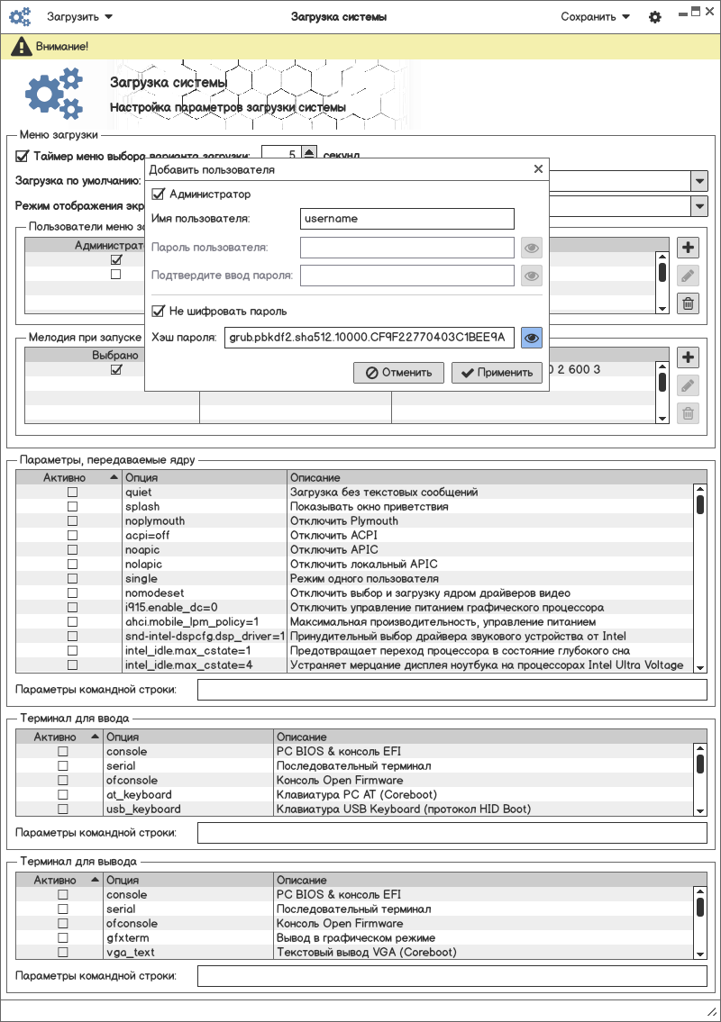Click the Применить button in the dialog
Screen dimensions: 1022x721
click(x=498, y=372)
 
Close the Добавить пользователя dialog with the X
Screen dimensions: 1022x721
click(x=538, y=169)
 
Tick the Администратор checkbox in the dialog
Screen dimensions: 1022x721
click(x=159, y=194)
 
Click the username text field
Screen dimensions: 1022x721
click(x=406, y=219)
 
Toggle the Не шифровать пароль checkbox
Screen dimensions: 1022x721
click(x=159, y=311)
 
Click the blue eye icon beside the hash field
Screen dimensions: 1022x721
click(x=532, y=338)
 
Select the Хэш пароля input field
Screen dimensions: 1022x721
click(x=369, y=338)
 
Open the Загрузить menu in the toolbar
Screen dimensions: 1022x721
click(x=79, y=16)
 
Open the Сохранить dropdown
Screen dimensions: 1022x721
click(x=595, y=16)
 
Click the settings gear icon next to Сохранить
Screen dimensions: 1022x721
click(x=655, y=17)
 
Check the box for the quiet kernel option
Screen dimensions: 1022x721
click(x=72, y=493)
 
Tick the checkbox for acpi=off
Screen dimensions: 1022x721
click(x=72, y=536)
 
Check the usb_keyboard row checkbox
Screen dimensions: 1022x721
click(x=63, y=809)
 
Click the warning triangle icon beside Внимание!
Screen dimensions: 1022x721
click(x=17, y=46)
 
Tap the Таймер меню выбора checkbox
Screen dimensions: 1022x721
click(x=23, y=154)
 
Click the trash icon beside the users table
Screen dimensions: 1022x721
click(x=688, y=303)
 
